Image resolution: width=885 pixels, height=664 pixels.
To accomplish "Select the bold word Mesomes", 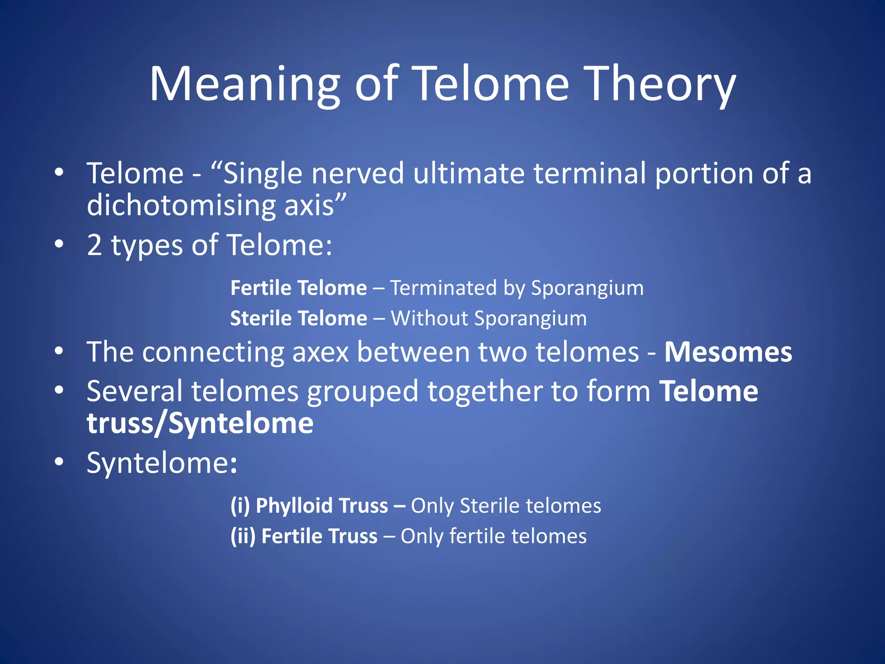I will coord(728,352).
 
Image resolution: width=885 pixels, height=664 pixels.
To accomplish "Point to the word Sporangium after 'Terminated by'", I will coord(587,288).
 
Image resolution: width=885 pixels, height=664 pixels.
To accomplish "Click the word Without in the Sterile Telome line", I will coord(429,319).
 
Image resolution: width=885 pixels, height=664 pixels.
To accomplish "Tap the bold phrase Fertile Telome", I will coord(299,288).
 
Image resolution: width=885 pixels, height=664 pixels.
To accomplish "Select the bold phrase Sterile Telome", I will coord(299,319).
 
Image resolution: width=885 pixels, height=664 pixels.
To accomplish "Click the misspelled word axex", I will coord(320,352).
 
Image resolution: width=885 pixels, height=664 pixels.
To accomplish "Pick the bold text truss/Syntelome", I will coord(200,423).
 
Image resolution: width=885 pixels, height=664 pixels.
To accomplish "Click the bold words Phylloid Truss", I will coord(322,506).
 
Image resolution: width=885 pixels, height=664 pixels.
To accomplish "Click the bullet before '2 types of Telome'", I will coord(59,244).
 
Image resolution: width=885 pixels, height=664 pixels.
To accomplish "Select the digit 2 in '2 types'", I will coord(94,245).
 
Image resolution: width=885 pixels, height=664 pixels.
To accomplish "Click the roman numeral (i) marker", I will coord(240,506).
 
